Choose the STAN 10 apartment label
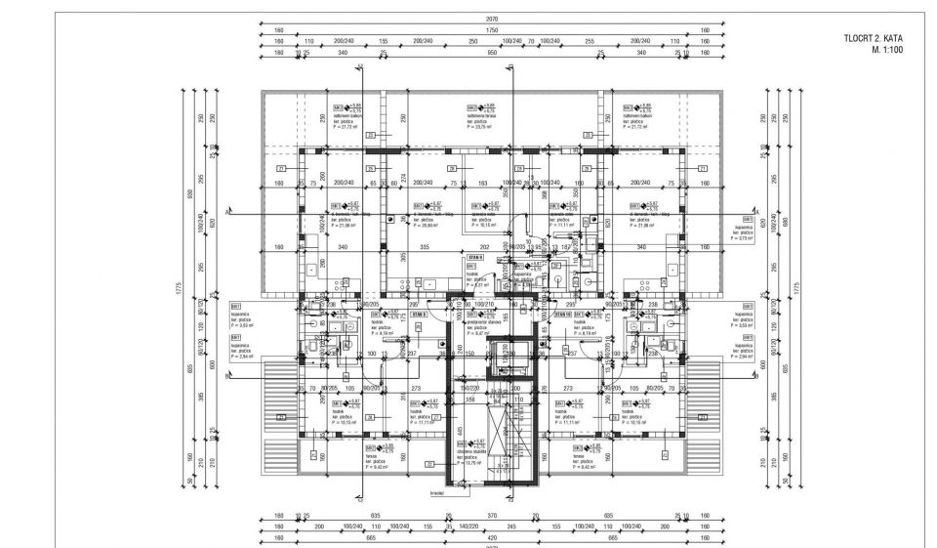563,315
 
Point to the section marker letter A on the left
226,211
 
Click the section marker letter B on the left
226,375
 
